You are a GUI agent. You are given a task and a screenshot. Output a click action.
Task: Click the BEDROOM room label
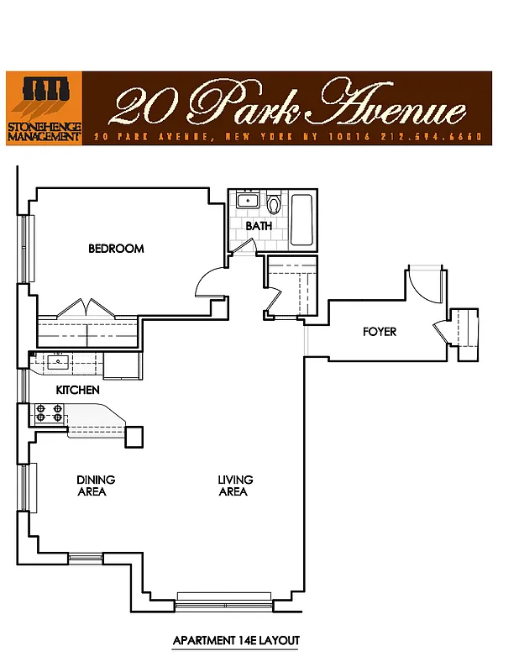pyautogui.click(x=116, y=249)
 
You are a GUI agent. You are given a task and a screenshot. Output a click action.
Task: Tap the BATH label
pyautogui.click(x=258, y=226)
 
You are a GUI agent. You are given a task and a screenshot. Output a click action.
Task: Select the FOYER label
pyautogui.click(x=380, y=332)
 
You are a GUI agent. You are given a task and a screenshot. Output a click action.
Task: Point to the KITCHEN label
pyautogui.click(x=77, y=390)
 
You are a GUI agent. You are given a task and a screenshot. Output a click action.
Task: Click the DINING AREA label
pyautogui.click(x=95, y=486)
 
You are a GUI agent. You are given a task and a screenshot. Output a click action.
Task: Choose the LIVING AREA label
pyautogui.click(x=235, y=486)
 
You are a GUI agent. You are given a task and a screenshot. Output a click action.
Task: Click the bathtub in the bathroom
pyautogui.click(x=301, y=220)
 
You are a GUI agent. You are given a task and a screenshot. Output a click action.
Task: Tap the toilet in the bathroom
pyautogui.click(x=273, y=203)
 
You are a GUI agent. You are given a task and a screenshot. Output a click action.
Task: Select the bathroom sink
pyautogui.click(x=247, y=201)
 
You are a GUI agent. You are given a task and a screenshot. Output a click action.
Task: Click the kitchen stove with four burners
pyautogui.click(x=47, y=413)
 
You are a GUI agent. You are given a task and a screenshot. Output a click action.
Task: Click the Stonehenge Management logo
pyautogui.click(x=45, y=108)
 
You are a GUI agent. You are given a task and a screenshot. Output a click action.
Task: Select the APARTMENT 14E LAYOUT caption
pyautogui.click(x=236, y=640)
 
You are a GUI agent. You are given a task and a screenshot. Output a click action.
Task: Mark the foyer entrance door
pyautogui.click(x=422, y=286)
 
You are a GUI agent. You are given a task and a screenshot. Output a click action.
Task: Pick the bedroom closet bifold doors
pyautogui.click(x=87, y=307)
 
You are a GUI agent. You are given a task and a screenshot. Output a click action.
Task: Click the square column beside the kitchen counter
pyautogui.click(x=134, y=437)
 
